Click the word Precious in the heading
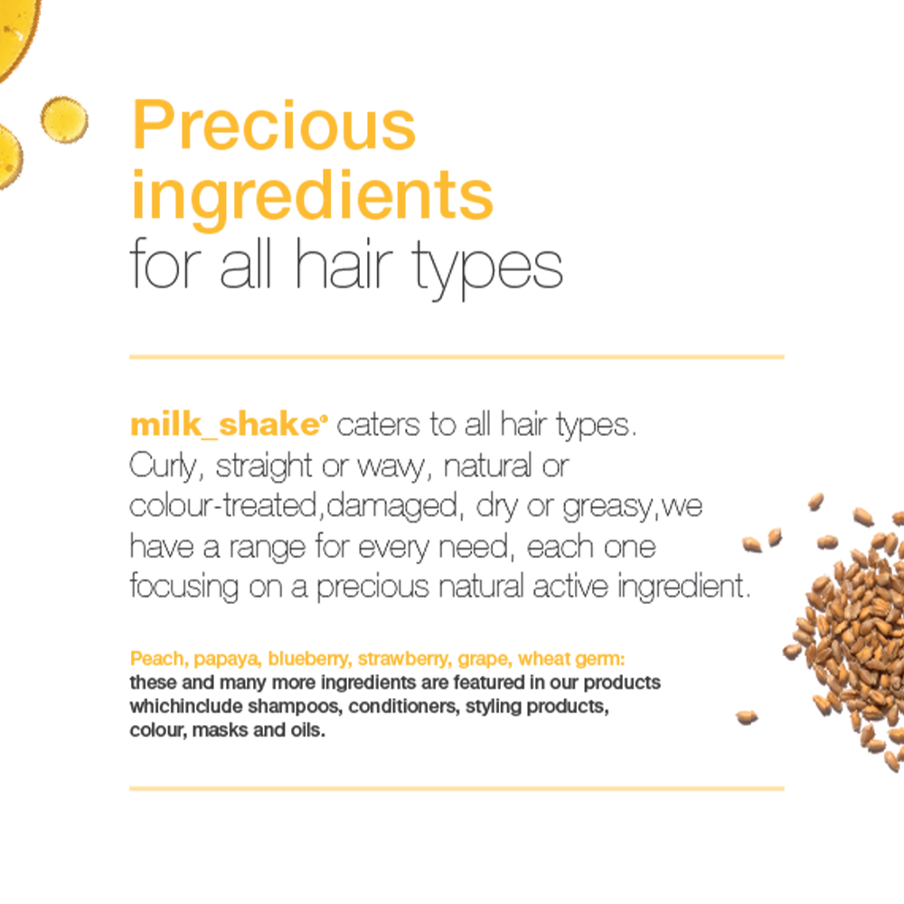tap(274, 125)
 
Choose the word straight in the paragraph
tap(263, 466)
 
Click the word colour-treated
tap(223, 505)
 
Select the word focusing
tap(184, 587)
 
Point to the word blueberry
tap(309, 659)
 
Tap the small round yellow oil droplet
tap(64, 120)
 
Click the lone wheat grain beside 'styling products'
tap(747, 717)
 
